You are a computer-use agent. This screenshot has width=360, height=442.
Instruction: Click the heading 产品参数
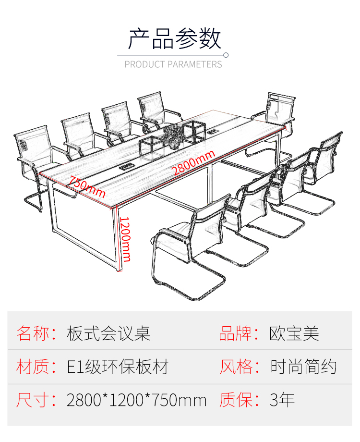tap(174, 38)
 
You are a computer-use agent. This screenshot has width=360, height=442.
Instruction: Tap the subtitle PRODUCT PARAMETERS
tap(173, 64)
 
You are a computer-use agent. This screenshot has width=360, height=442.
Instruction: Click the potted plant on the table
tap(173, 135)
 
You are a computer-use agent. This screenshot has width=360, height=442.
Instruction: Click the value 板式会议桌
tap(108, 333)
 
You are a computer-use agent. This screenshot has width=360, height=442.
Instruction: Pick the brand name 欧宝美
tap(294, 333)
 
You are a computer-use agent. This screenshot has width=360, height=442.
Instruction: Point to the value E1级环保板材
tap(118, 367)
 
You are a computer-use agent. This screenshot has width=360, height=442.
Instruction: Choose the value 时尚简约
tap(303, 367)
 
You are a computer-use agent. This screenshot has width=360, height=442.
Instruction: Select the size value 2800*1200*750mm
tap(137, 400)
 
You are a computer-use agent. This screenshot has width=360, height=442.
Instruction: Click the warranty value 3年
tap(282, 400)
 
